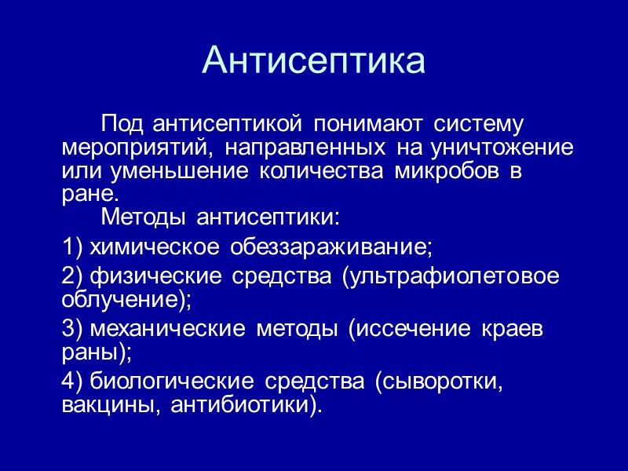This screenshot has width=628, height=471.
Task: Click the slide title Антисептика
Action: [x=314, y=61]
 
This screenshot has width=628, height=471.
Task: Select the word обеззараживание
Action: [x=330, y=247]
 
